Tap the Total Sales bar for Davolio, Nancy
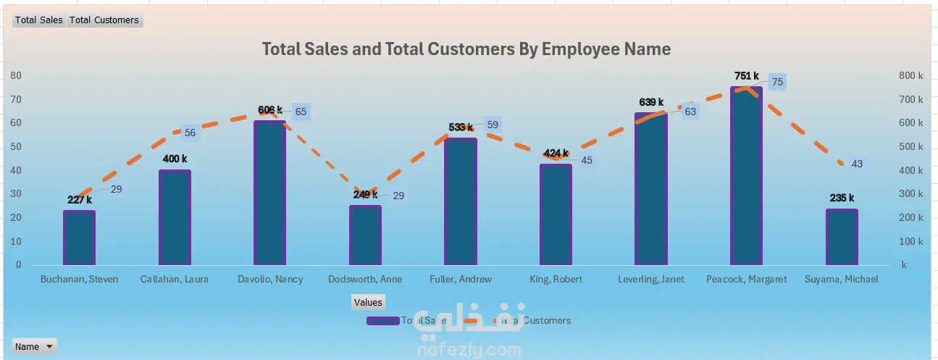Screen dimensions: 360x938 pyautogui.click(x=269, y=193)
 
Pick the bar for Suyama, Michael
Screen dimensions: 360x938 pyautogui.click(x=842, y=237)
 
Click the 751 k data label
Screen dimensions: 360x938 pyautogui.click(x=745, y=76)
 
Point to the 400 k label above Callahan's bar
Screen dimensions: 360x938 pyautogui.click(x=175, y=159)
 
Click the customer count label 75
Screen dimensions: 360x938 pyautogui.click(x=777, y=83)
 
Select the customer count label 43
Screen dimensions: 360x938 pyautogui.click(x=857, y=164)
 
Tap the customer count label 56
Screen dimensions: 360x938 pyautogui.click(x=190, y=133)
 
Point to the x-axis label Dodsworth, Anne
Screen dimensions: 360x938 pyautogui.click(x=365, y=280)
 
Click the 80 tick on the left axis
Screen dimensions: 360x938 pyautogui.click(x=16, y=75)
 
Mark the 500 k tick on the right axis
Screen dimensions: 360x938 pyautogui.click(x=910, y=146)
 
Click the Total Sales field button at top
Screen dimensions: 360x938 pyautogui.click(x=39, y=20)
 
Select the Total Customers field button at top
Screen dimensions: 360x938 pyautogui.click(x=104, y=20)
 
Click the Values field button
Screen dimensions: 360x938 pyautogui.click(x=367, y=302)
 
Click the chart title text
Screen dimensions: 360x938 pyautogui.click(x=466, y=49)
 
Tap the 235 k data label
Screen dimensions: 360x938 pyautogui.click(x=842, y=198)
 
